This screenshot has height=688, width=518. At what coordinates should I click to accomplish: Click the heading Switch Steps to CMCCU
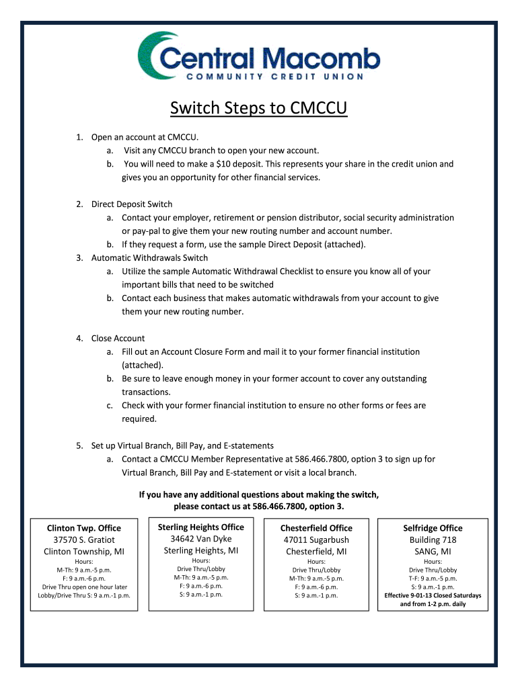click(x=258, y=108)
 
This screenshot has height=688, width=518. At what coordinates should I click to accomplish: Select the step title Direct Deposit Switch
click(x=132, y=204)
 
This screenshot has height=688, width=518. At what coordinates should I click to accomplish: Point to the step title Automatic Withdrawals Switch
click(x=149, y=258)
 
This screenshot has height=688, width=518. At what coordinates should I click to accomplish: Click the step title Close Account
click(x=118, y=339)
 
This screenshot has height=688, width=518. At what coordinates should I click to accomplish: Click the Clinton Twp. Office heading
click(x=84, y=528)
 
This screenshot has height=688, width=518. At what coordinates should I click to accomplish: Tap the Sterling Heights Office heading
click(x=200, y=527)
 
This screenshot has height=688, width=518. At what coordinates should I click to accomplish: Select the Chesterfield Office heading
click(x=316, y=528)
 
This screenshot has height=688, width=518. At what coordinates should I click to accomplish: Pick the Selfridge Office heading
click(x=433, y=528)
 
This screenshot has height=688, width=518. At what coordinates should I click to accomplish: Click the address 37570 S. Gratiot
click(x=84, y=540)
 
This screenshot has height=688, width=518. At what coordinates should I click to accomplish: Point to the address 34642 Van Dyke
click(x=200, y=539)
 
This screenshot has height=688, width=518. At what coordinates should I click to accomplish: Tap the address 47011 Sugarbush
click(x=316, y=540)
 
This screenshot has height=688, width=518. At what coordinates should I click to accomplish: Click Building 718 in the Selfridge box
click(x=433, y=540)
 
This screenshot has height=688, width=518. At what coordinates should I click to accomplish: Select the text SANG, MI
click(x=433, y=552)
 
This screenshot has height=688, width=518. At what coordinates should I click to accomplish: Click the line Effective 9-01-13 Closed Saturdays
click(x=433, y=595)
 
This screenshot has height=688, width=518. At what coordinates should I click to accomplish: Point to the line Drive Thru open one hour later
click(x=84, y=587)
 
